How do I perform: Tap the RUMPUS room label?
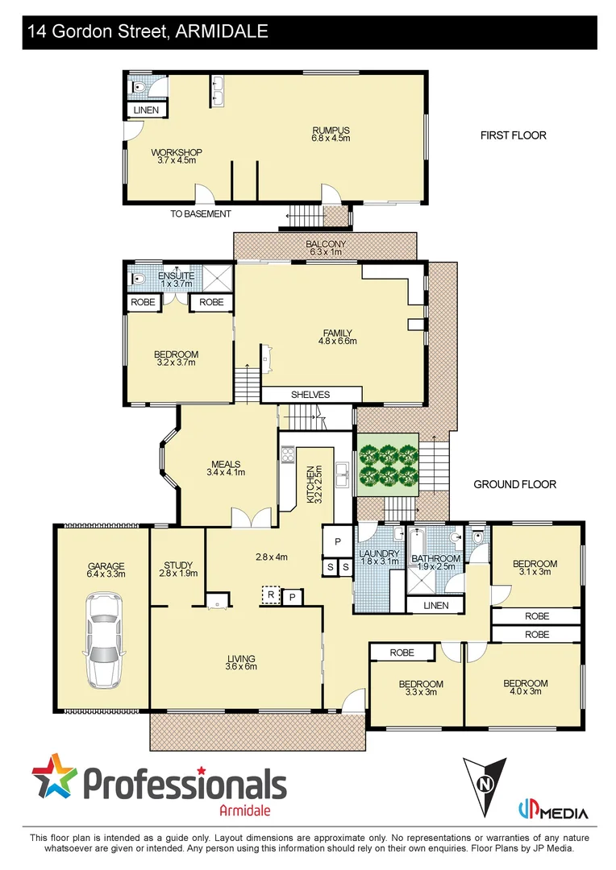331,130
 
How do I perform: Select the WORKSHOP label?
177,152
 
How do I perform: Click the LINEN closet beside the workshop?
146,110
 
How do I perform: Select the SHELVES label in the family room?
310,395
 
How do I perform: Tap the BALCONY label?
326,244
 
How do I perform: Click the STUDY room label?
177,565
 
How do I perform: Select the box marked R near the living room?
271,595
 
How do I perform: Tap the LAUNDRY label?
379,554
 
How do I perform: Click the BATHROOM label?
435,558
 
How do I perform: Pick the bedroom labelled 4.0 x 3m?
525,684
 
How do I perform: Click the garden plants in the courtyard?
389,465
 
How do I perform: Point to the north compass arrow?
484,781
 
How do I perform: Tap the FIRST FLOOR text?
513,135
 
